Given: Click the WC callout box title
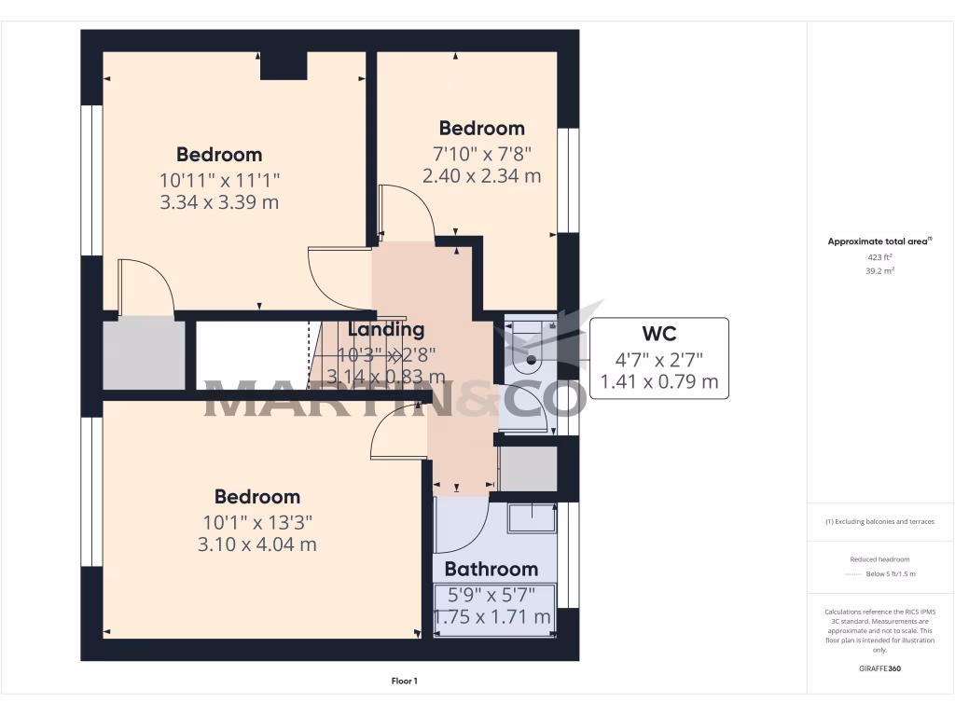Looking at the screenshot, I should tap(658, 334).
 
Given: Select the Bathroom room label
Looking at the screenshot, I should tap(491, 569).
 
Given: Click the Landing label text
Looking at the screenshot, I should tap(386, 329).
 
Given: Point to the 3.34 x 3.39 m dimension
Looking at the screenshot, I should tap(219, 201).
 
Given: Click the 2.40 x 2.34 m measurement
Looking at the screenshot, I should tap(481, 175).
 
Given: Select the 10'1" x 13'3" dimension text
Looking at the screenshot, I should tap(257, 521).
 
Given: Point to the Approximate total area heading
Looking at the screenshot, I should tap(879, 241).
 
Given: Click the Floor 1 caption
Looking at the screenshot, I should tap(404, 682).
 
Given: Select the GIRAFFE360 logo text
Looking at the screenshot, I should tap(879, 668).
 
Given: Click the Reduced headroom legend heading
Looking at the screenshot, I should tap(879, 558).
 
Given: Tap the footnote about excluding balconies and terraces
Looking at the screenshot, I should tap(879, 521).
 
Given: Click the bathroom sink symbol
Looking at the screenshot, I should tap(532, 517).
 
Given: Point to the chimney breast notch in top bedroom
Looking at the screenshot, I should tap(284, 65).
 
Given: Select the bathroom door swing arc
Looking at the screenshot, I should tap(464, 527).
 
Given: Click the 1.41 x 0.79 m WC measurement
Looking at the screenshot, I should tap(658, 380).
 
